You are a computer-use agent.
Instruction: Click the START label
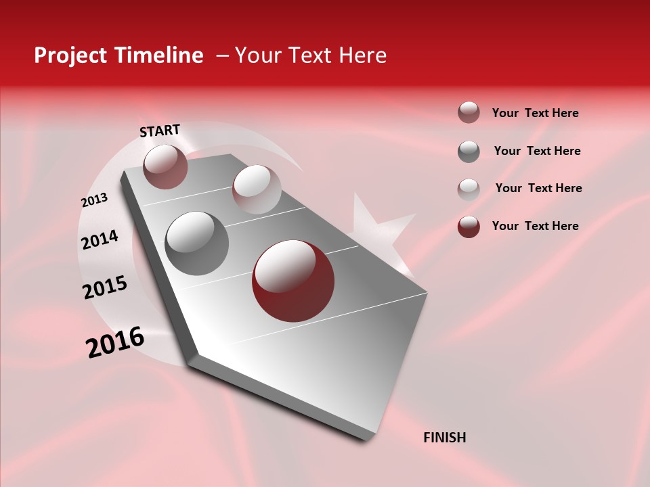(160, 131)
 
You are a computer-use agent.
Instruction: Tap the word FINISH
(444, 438)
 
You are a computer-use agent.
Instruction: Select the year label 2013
(94, 200)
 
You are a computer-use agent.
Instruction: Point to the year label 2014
(100, 239)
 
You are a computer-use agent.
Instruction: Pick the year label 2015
(105, 287)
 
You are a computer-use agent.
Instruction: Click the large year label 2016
(115, 342)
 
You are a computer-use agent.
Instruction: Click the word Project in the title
(70, 55)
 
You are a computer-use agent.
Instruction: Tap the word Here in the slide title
(362, 55)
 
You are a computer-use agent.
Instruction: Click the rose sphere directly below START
(165, 166)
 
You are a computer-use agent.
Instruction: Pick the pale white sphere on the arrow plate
(257, 189)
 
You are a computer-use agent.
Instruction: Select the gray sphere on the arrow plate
(197, 243)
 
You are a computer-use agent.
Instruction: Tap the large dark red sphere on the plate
(293, 281)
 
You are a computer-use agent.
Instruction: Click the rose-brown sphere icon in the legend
(469, 113)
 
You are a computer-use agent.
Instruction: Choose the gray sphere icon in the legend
(469, 152)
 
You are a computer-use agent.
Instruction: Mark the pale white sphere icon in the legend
(469, 189)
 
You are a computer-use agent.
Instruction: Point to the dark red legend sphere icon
(469, 227)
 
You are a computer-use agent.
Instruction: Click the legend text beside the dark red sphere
(535, 226)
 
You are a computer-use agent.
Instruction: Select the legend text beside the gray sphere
(537, 151)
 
